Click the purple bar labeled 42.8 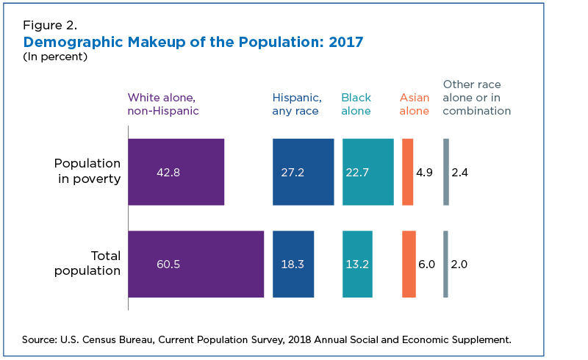click(x=176, y=172)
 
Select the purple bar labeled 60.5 click(x=196, y=264)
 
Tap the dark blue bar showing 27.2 click(x=304, y=172)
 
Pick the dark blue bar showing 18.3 click(x=293, y=264)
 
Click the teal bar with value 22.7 click(x=368, y=172)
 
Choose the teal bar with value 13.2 click(x=357, y=264)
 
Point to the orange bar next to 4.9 click(x=408, y=172)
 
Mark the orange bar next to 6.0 click(x=409, y=264)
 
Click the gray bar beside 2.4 click(x=446, y=172)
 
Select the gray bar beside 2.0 click(x=445, y=264)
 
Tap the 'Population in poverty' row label click(x=87, y=171)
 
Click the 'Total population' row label click(x=87, y=263)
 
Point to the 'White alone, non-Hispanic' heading click(x=163, y=104)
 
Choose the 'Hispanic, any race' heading click(x=297, y=104)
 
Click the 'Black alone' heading click(x=356, y=104)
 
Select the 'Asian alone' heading click(x=415, y=104)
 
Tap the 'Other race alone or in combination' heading click(x=476, y=98)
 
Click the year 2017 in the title click(x=345, y=42)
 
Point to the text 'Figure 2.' click(x=50, y=25)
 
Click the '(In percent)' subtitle click(x=55, y=57)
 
